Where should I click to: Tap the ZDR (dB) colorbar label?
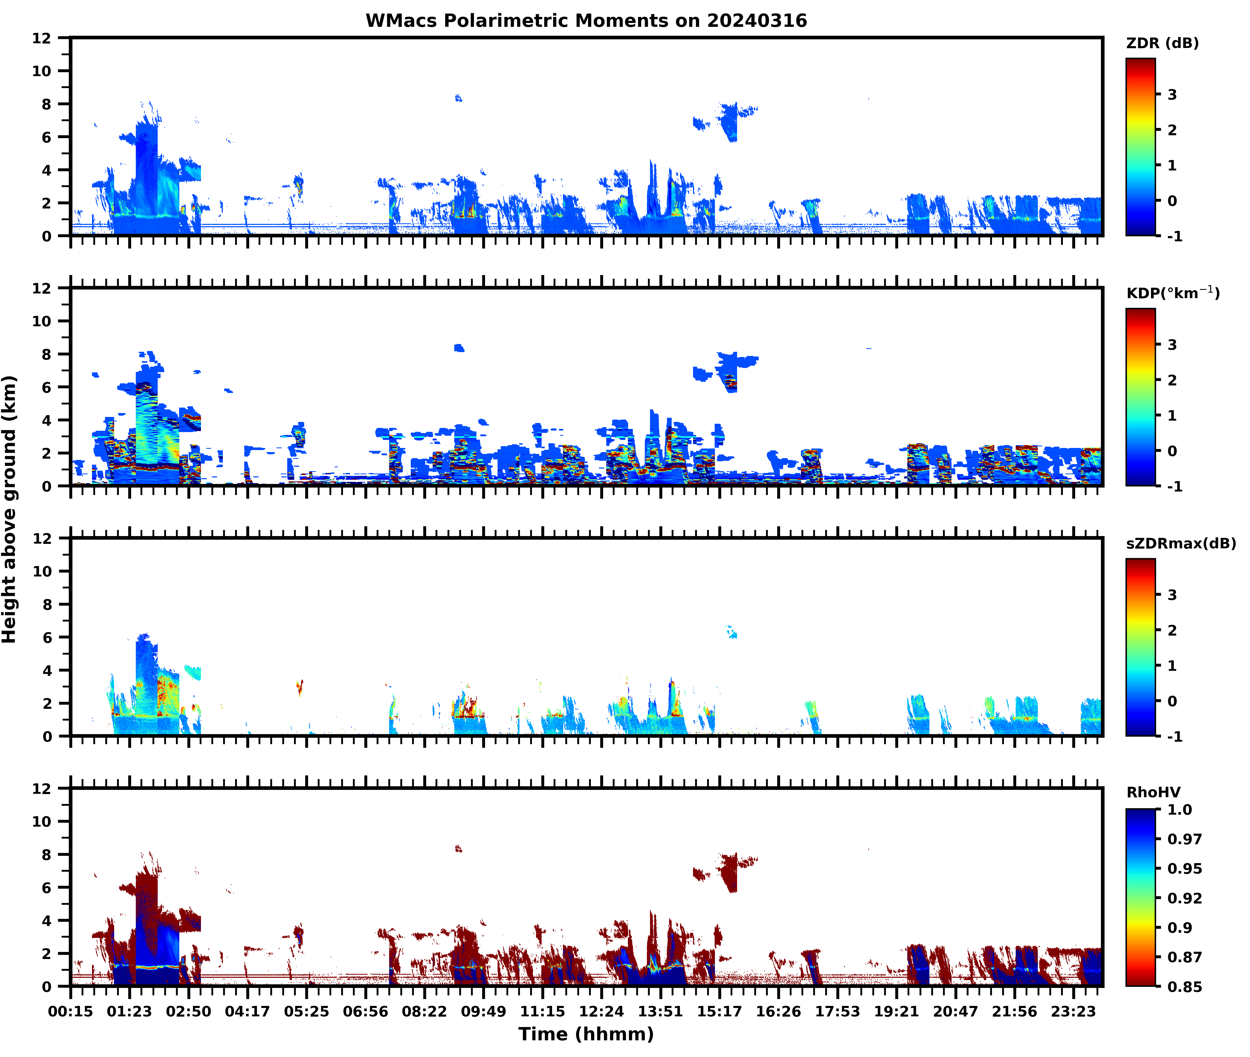(x=1162, y=43)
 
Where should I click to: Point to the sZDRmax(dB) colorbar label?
(x=1180, y=543)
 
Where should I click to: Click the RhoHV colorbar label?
(x=1153, y=792)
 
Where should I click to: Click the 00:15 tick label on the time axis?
(x=71, y=1011)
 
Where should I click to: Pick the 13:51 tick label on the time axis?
(x=660, y=1011)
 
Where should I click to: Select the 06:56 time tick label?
(x=365, y=1011)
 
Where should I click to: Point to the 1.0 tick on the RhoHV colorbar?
(x=1179, y=809)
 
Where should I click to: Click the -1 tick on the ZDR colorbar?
(x=1174, y=236)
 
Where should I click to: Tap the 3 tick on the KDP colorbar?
(x=1172, y=345)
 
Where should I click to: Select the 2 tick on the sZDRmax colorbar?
(x=1172, y=630)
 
